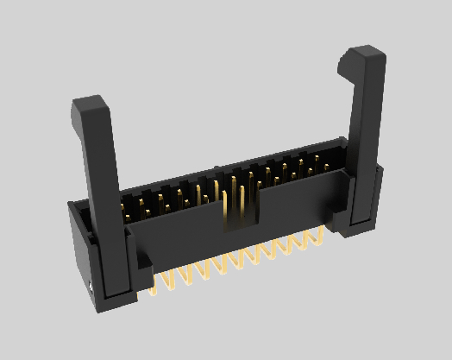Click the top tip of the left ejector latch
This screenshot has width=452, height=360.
(x=90, y=105)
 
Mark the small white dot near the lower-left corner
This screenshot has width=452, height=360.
(x=90, y=285)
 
